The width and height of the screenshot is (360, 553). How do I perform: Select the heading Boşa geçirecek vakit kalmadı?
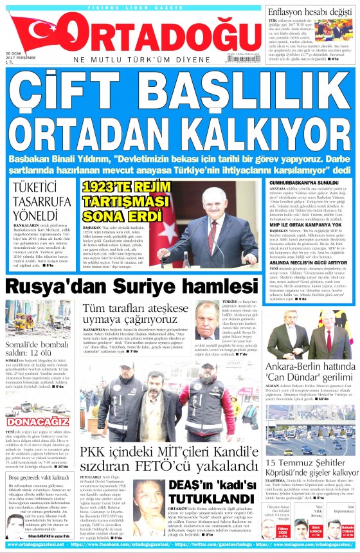tap(39, 478)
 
